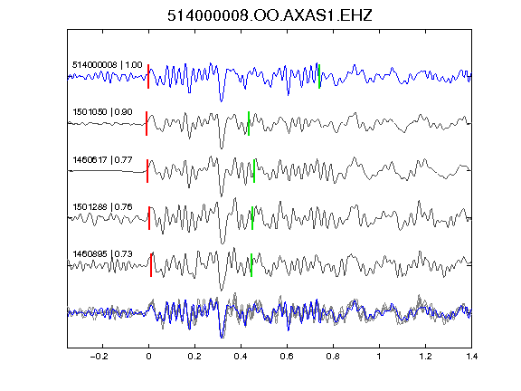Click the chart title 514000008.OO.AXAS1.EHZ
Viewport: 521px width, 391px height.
(x=270, y=15)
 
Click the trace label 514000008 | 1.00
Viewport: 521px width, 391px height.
(x=108, y=64)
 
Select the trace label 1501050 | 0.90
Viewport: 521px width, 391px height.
(x=103, y=111)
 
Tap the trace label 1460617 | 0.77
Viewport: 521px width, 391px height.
(x=103, y=160)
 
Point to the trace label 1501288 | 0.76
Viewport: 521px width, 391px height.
(x=103, y=206)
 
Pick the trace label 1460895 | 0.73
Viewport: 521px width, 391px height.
(x=103, y=254)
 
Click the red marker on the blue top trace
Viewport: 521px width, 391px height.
(x=148, y=76)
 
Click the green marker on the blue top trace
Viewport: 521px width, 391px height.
(x=319, y=76)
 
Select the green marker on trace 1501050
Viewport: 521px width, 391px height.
(x=249, y=123)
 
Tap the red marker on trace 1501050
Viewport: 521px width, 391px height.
(x=147, y=123)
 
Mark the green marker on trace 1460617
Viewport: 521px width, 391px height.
(x=254, y=171)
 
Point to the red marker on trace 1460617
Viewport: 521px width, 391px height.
(x=147, y=171)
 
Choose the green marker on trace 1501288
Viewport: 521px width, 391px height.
(x=252, y=218)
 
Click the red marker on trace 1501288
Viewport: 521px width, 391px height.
(x=149, y=218)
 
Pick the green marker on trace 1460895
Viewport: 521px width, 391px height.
(x=251, y=265)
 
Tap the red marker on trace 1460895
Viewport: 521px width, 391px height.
(x=151, y=265)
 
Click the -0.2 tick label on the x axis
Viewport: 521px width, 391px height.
(x=99, y=357)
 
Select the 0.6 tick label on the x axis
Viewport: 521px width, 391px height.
(x=287, y=357)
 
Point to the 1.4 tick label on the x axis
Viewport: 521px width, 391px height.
(x=472, y=357)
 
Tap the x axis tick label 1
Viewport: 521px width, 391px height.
(x=379, y=357)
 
